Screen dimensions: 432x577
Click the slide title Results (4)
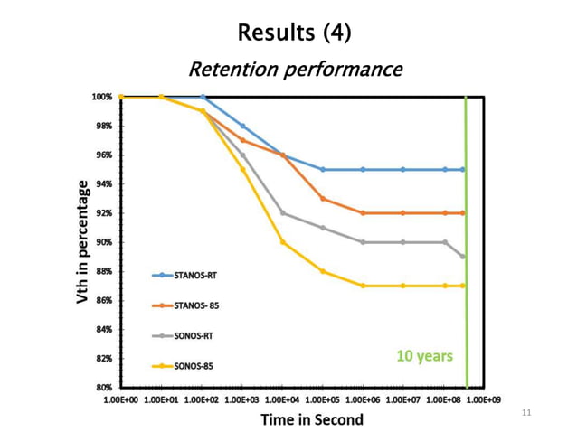click(294, 33)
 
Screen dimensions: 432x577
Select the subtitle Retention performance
click(294, 69)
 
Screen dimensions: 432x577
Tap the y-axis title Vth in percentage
click(82, 241)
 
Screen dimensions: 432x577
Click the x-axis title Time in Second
click(312, 419)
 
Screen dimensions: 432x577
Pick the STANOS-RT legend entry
click(186, 274)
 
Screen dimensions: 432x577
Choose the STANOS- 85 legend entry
click(186, 305)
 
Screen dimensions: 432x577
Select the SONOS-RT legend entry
click(184, 336)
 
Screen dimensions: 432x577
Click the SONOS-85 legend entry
click(184, 367)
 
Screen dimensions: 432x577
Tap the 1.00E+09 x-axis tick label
click(485, 398)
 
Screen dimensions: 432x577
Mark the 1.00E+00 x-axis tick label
click(120, 398)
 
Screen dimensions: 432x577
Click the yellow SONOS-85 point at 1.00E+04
click(283, 242)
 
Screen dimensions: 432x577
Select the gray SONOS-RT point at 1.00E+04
click(283, 213)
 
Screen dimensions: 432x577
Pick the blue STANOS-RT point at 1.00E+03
click(242, 127)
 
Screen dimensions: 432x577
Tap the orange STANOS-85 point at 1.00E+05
click(323, 199)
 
